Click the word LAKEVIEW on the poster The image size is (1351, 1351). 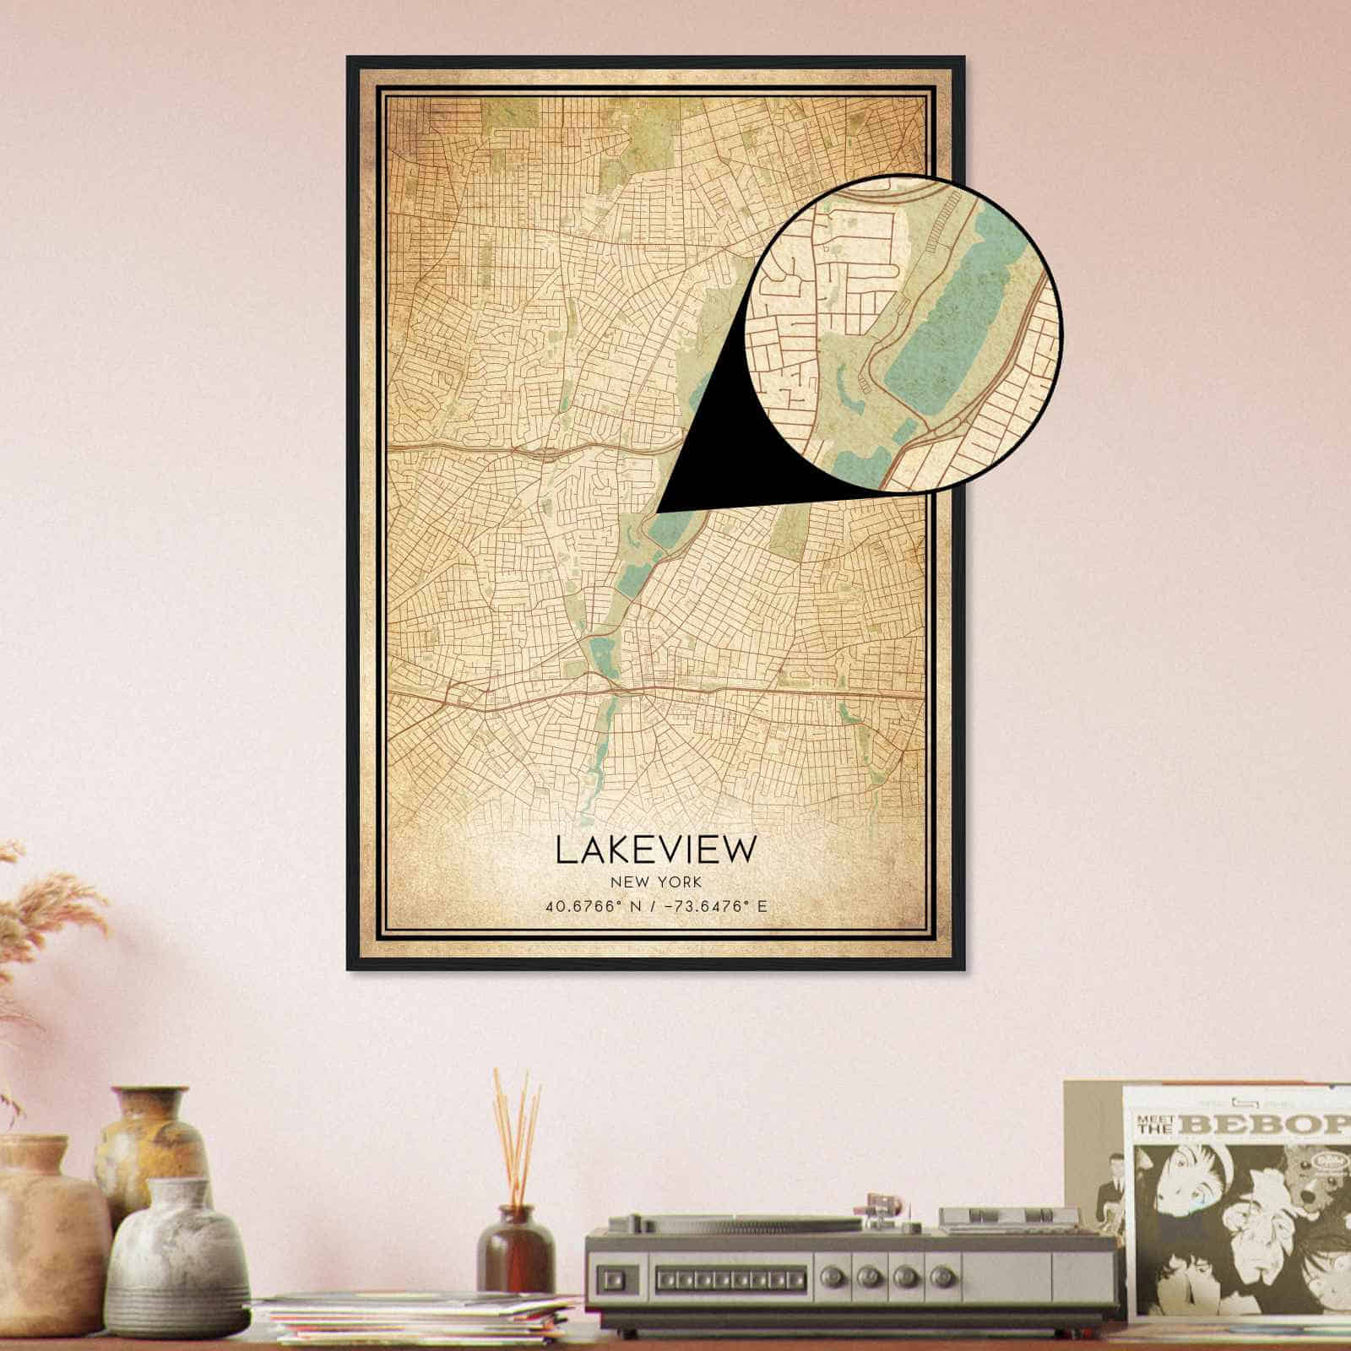pyautogui.click(x=655, y=850)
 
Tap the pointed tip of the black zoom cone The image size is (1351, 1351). pyautogui.click(x=658, y=511)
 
